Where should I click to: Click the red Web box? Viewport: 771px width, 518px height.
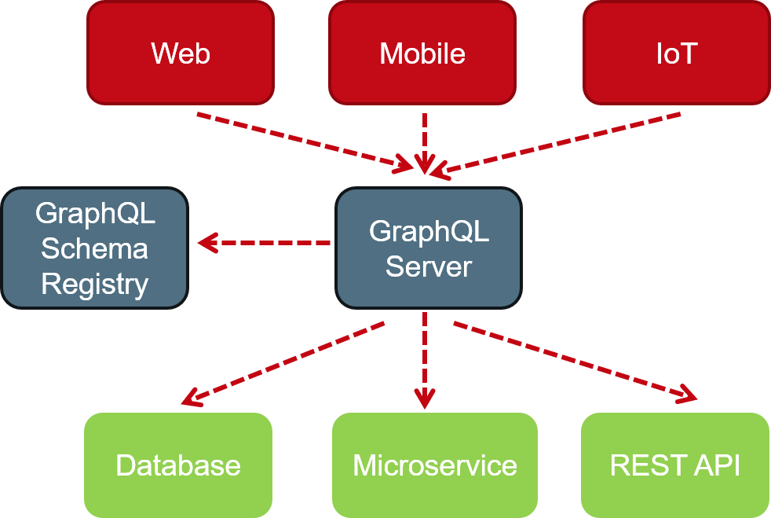[x=181, y=53]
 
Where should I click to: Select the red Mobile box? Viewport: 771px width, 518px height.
[x=422, y=53]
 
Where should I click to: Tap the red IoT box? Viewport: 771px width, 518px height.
[x=676, y=53]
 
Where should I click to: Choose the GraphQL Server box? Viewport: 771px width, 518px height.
[x=429, y=248]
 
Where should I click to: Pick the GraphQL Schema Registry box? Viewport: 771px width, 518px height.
[x=94, y=248]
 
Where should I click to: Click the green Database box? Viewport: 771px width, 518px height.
[x=178, y=465]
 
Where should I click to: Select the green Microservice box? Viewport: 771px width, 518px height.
[x=435, y=465]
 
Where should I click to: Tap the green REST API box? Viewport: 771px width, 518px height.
[x=675, y=465]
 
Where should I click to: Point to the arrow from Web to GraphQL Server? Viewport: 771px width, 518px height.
[x=302, y=140]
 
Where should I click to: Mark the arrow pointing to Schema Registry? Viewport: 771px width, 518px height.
[x=264, y=243]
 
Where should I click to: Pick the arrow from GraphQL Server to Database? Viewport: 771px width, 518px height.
[x=283, y=363]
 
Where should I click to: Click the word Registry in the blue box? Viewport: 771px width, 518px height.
[x=94, y=284]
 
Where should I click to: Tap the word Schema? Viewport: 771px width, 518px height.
[x=94, y=248]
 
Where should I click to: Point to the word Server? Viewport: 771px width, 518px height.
[x=429, y=266]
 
